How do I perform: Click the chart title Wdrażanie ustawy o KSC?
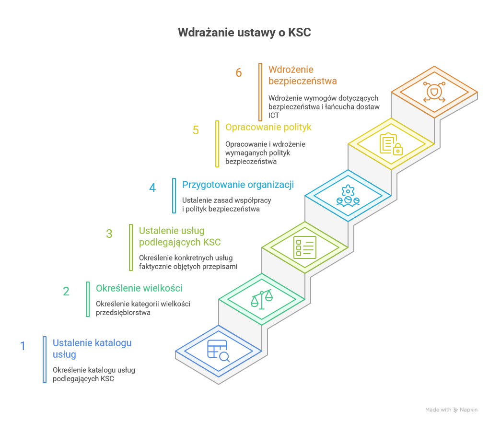click(x=244, y=33)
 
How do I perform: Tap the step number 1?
click(x=23, y=346)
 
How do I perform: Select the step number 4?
click(x=152, y=188)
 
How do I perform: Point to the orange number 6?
click(x=239, y=73)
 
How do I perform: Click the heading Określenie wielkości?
click(x=139, y=288)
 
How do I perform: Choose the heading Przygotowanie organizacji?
click(x=238, y=185)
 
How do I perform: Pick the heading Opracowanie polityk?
click(x=268, y=127)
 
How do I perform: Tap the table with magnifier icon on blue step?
click(x=218, y=351)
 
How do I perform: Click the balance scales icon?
click(x=262, y=299)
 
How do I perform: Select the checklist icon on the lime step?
click(x=305, y=247)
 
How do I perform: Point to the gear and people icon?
click(x=348, y=196)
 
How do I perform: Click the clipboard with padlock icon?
click(x=391, y=144)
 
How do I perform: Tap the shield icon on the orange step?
click(x=434, y=92)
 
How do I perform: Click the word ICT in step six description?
click(x=274, y=116)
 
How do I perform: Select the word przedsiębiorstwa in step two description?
click(x=123, y=312)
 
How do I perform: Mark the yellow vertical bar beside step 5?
click(x=217, y=143)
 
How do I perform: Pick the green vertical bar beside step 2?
click(x=88, y=299)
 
